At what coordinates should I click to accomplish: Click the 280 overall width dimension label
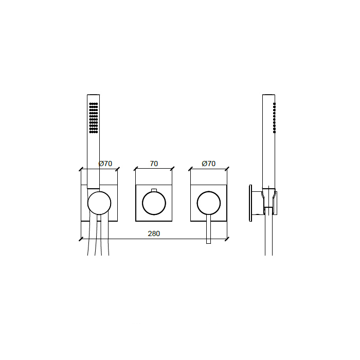154,233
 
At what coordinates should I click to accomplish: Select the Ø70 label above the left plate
105,164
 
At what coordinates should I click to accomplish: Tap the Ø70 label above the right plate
208,164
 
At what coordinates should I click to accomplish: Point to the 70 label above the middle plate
154,164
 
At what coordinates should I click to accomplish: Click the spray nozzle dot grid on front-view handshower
93,118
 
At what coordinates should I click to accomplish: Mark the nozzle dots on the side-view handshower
274,117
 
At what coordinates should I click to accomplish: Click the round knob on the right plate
208,203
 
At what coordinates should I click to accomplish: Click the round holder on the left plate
99,203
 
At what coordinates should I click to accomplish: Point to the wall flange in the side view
250,203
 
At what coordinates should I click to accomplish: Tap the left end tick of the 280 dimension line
81,239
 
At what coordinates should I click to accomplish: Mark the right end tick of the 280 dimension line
227,239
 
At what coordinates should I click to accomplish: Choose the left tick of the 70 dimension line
136,169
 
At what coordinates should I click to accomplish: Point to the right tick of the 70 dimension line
172,169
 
